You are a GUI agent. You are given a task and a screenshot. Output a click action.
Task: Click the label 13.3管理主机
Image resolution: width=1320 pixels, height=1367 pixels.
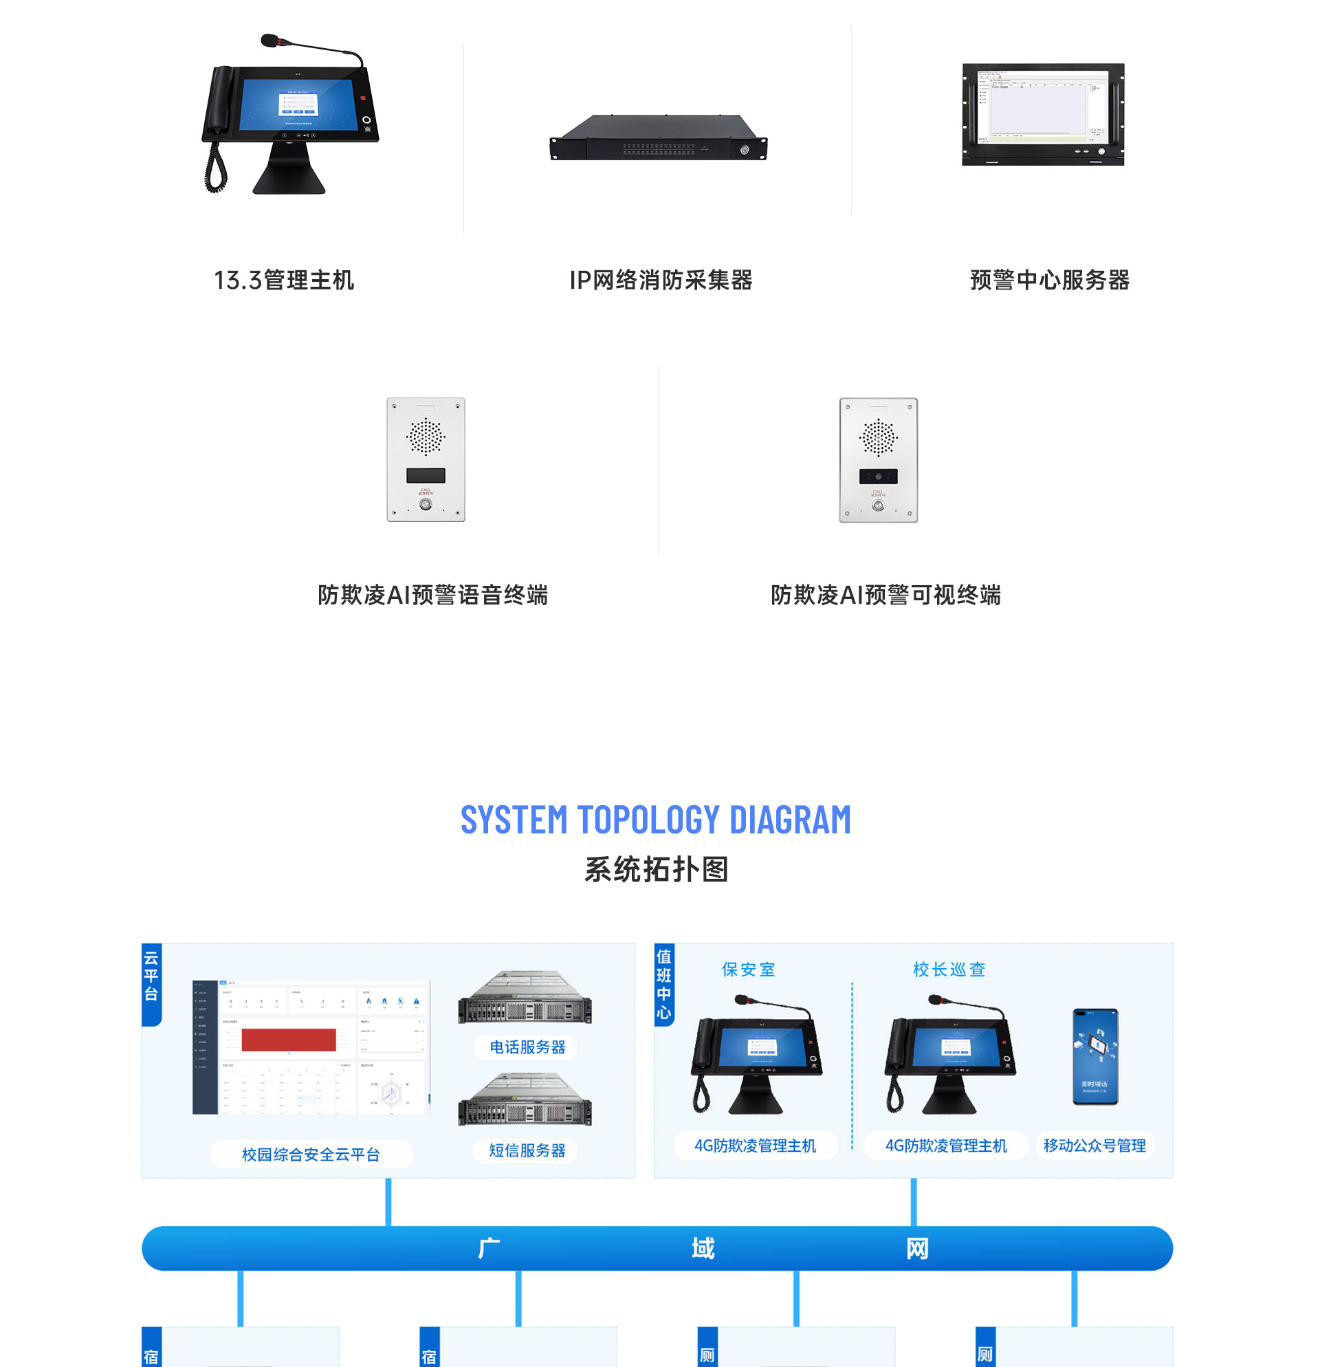point(284,281)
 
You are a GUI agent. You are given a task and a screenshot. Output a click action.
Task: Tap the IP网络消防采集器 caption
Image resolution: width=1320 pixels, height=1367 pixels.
point(661,281)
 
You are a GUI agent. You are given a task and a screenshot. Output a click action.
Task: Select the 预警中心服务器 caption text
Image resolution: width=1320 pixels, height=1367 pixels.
point(1048,281)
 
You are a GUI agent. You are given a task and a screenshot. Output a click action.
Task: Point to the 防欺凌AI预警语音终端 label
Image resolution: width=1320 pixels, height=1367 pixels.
point(432,595)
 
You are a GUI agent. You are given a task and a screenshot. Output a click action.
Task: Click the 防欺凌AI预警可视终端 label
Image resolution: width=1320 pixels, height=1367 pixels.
point(885,595)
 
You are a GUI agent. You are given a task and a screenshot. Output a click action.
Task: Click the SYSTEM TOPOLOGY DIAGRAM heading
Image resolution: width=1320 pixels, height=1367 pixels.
point(655,820)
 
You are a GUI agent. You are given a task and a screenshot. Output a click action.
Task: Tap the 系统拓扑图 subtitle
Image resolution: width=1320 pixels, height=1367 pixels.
point(655,870)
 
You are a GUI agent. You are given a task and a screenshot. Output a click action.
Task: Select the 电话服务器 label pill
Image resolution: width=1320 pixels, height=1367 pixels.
point(527,1047)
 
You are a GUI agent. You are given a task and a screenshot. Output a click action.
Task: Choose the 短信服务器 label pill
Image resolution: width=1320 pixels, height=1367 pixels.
point(527,1150)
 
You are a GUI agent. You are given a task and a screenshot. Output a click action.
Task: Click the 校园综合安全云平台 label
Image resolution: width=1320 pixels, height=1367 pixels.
point(311,1155)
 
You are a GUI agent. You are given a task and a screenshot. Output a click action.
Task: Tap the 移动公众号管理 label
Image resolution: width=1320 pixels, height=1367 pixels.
point(1093,1145)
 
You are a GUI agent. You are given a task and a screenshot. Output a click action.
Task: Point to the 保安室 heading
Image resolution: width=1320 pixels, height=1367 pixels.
point(747,970)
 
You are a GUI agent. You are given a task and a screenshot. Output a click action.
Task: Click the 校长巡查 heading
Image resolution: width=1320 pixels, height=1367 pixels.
point(948,970)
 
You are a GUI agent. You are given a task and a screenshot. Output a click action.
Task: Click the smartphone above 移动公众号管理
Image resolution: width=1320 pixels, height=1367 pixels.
point(1094,1056)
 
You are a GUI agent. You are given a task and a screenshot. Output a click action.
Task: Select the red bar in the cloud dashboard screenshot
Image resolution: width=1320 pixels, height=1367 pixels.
point(289,1040)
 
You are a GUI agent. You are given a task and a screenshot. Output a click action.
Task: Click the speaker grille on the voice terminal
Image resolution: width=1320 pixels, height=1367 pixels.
point(426,437)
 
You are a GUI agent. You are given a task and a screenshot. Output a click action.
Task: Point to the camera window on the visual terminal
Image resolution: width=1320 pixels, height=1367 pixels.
point(878,477)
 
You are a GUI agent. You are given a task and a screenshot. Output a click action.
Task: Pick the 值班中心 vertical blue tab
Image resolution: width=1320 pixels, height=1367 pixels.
point(664,983)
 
